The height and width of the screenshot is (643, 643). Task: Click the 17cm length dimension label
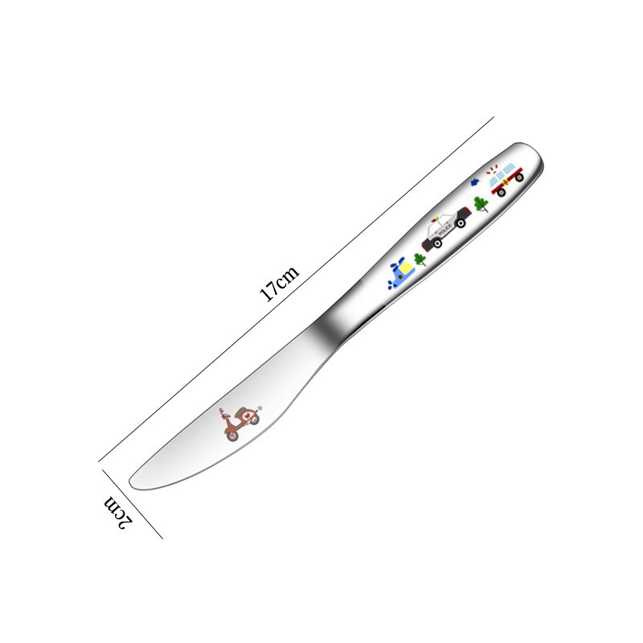click(x=279, y=284)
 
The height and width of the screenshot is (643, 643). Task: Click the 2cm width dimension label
click(x=118, y=513)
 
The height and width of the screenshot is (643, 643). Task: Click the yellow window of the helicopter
click(x=408, y=268)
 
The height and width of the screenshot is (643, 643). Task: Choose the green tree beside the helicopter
click(x=420, y=260)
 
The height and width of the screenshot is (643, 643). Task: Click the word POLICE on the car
click(x=445, y=231)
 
